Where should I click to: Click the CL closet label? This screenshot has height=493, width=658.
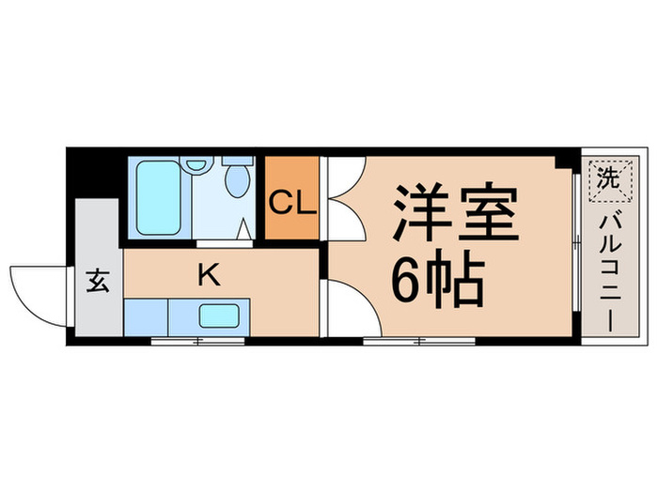(x=291, y=202)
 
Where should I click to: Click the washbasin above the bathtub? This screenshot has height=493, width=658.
(x=197, y=164)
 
